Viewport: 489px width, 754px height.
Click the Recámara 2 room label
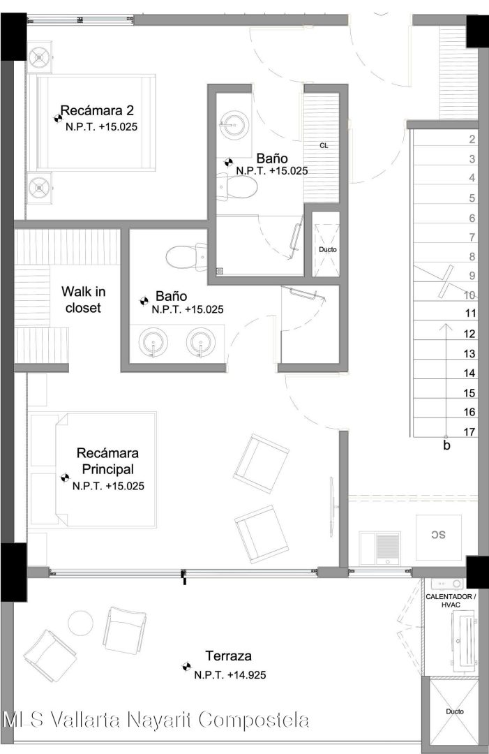click(x=96, y=111)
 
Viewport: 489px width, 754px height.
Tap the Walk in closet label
click(x=83, y=300)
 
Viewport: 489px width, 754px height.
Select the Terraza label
click(x=228, y=656)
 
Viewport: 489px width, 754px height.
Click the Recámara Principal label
click(x=107, y=461)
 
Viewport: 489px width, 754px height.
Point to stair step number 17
click(x=469, y=432)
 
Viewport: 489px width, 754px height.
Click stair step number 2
click(x=472, y=140)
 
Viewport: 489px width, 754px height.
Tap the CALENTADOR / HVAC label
click(x=451, y=600)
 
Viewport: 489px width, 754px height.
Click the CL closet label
click(x=324, y=145)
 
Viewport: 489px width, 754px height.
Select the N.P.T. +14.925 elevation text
click(x=230, y=675)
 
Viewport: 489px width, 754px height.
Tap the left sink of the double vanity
click(x=153, y=342)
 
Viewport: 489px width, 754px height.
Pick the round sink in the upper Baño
click(x=234, y=124)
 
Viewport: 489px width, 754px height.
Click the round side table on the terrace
click(x=80, y=623)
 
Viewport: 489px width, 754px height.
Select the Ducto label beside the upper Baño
click(x=328, y=249)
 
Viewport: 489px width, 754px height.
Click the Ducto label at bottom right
click(x=454, y=711)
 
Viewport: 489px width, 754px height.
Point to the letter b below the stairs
click(x=446, y=445)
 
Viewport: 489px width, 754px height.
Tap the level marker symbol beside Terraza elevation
click(x=186, y=667)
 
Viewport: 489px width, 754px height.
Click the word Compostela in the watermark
click(x=254, y=720)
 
